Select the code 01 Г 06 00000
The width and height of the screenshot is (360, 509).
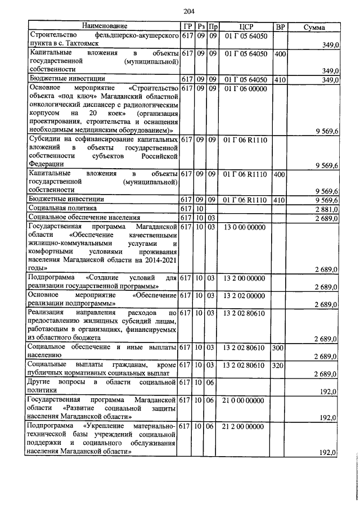point(246,89)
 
